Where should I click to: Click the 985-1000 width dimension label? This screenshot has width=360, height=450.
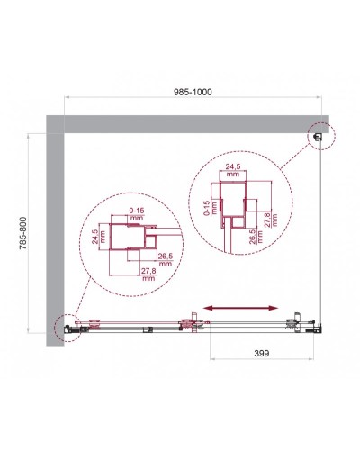(195, 89)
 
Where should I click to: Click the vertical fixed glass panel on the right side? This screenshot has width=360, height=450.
(323, 234)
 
